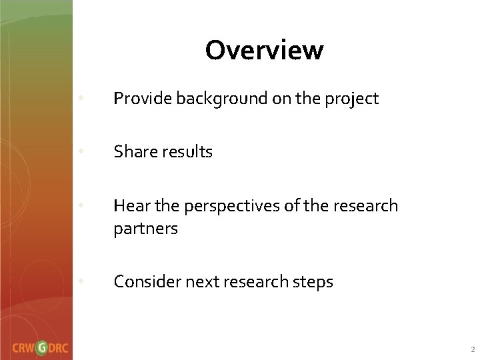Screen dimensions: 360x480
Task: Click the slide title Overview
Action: click(x=264, y=50)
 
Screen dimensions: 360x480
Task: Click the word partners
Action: click(x=145, y=229)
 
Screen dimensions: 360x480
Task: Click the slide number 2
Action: click(x=473, y=349)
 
